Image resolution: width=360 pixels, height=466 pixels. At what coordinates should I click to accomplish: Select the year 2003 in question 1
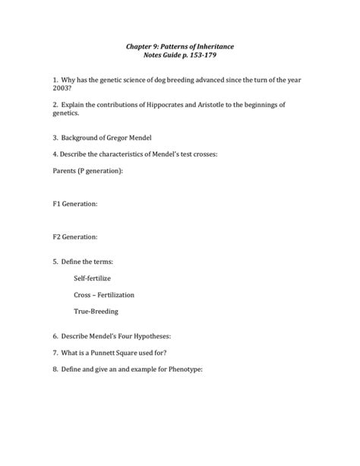tap(62, 88)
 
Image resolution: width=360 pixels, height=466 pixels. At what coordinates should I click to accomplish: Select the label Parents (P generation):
tap(87, 172)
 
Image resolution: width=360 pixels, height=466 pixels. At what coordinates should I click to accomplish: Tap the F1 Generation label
tap(74, 204)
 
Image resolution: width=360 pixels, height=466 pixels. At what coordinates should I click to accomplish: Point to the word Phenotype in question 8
tap(182, 370)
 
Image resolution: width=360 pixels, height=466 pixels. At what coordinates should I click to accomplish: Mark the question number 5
tap(55, 261)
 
